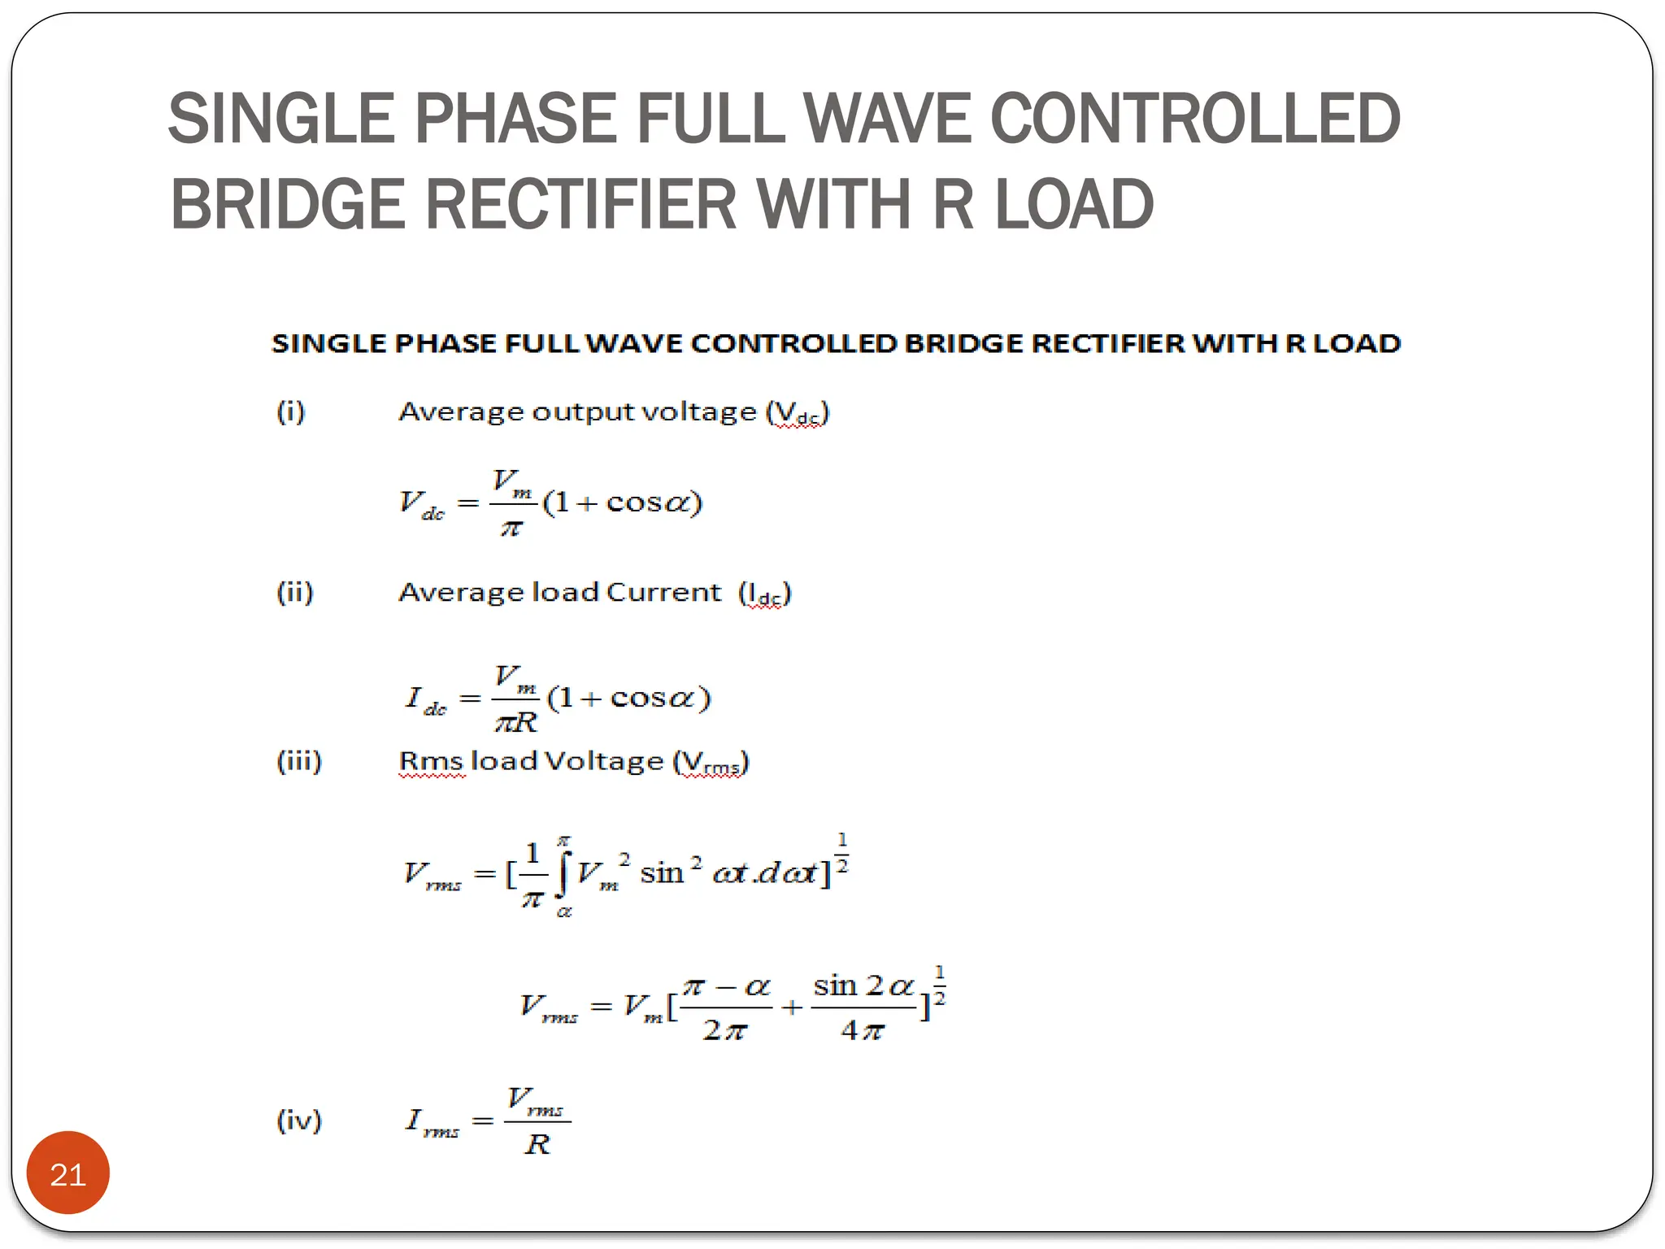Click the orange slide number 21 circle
67,1173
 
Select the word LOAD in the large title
1074,204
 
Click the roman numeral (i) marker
291,411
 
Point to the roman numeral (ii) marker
294,592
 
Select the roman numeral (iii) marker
299,761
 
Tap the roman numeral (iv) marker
299,1121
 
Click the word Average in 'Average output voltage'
460,412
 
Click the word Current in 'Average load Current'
663,592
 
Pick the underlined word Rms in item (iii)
432,762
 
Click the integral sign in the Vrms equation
563,874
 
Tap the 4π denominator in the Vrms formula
862,1031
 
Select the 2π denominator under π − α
724,1031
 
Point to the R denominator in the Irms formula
537,1145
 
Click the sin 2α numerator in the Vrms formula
863,986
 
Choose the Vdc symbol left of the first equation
421,504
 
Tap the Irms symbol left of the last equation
432,1122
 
